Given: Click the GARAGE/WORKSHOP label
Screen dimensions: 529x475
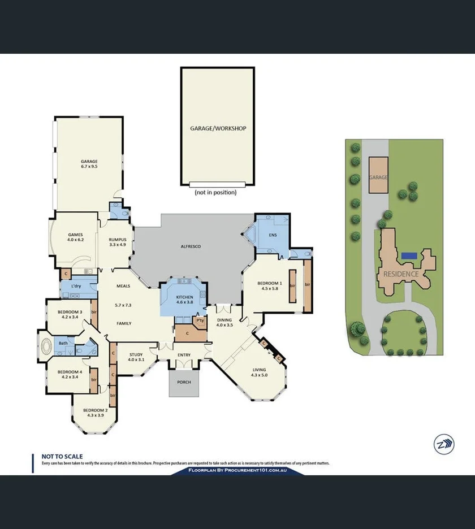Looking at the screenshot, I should pyautogui.click(x=218, y=128).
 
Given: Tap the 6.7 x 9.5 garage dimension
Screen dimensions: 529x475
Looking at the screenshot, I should pyautogui.click(x=89, y=167).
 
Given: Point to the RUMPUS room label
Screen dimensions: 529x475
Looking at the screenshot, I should pyautogui.click(x=117, y=239).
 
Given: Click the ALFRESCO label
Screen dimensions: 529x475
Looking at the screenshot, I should pyautogui.click(x=191, y=246).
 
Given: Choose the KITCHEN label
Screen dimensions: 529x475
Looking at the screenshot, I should pyautogui.click(x=184, y=297).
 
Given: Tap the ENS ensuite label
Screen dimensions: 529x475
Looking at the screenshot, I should pyautogui.click(x=273, y=235).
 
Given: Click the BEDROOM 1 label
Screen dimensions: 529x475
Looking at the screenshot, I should pyautogui.click(x=269, y=283).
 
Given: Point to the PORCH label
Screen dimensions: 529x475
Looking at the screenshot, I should pyautogui.click(x=184, y=382).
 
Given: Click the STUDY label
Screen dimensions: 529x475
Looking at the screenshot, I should pyautogui.click(x=136, y=354).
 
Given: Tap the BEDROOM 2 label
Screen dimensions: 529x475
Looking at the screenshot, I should pyautogui.click(x=94, y=410).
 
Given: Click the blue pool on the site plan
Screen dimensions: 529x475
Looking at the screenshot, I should pyautogui.click(x=409, y=256).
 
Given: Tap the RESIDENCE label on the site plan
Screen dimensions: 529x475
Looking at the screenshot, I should pyautogui.click(x=401, y=274).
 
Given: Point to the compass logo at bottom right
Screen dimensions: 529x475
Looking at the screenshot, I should pyautogui.click(x=443, y=444).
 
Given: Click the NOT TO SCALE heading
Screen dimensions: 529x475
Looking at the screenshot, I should pyautogui.click(x=62, y=456).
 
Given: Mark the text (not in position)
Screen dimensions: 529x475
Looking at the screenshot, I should pyautogui.click(x=215, y=192).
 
